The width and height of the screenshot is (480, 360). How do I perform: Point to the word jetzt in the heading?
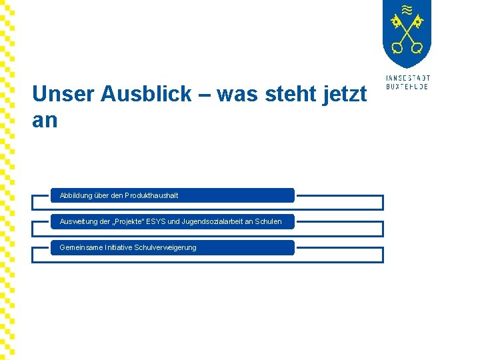pyautogui.click(x=344, y=95)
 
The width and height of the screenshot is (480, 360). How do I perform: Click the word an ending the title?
pyautogui.click(x=45, y=121)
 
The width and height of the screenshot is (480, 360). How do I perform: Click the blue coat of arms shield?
pyautogui.click(x=407, y=33)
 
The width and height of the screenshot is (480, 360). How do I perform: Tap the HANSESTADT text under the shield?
pyautogui.click(x=407, y=78)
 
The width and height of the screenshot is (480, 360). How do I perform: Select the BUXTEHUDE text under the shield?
pyautogui.click(x=407, y=87)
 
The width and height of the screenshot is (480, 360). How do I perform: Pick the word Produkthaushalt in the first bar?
pyautogui.click(x=151, y=195)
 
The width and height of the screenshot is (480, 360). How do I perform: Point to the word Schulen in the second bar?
pyautogui.click(x=269, y=221)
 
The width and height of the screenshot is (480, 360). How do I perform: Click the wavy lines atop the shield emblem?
pyautogui.click(x=407, y=9)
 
